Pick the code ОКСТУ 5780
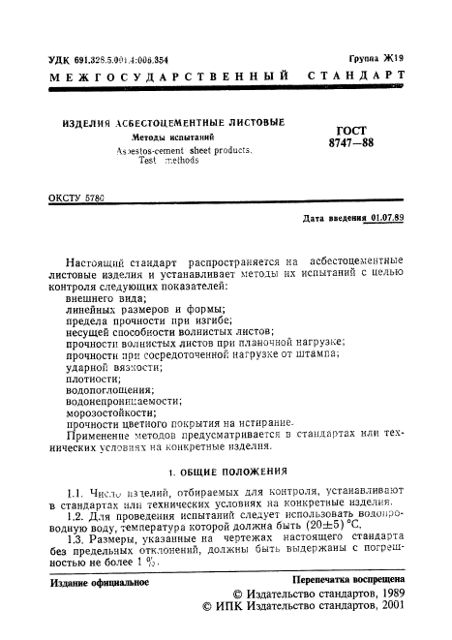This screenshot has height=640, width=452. coord(75,198)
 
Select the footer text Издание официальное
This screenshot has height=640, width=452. coord(99,583)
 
